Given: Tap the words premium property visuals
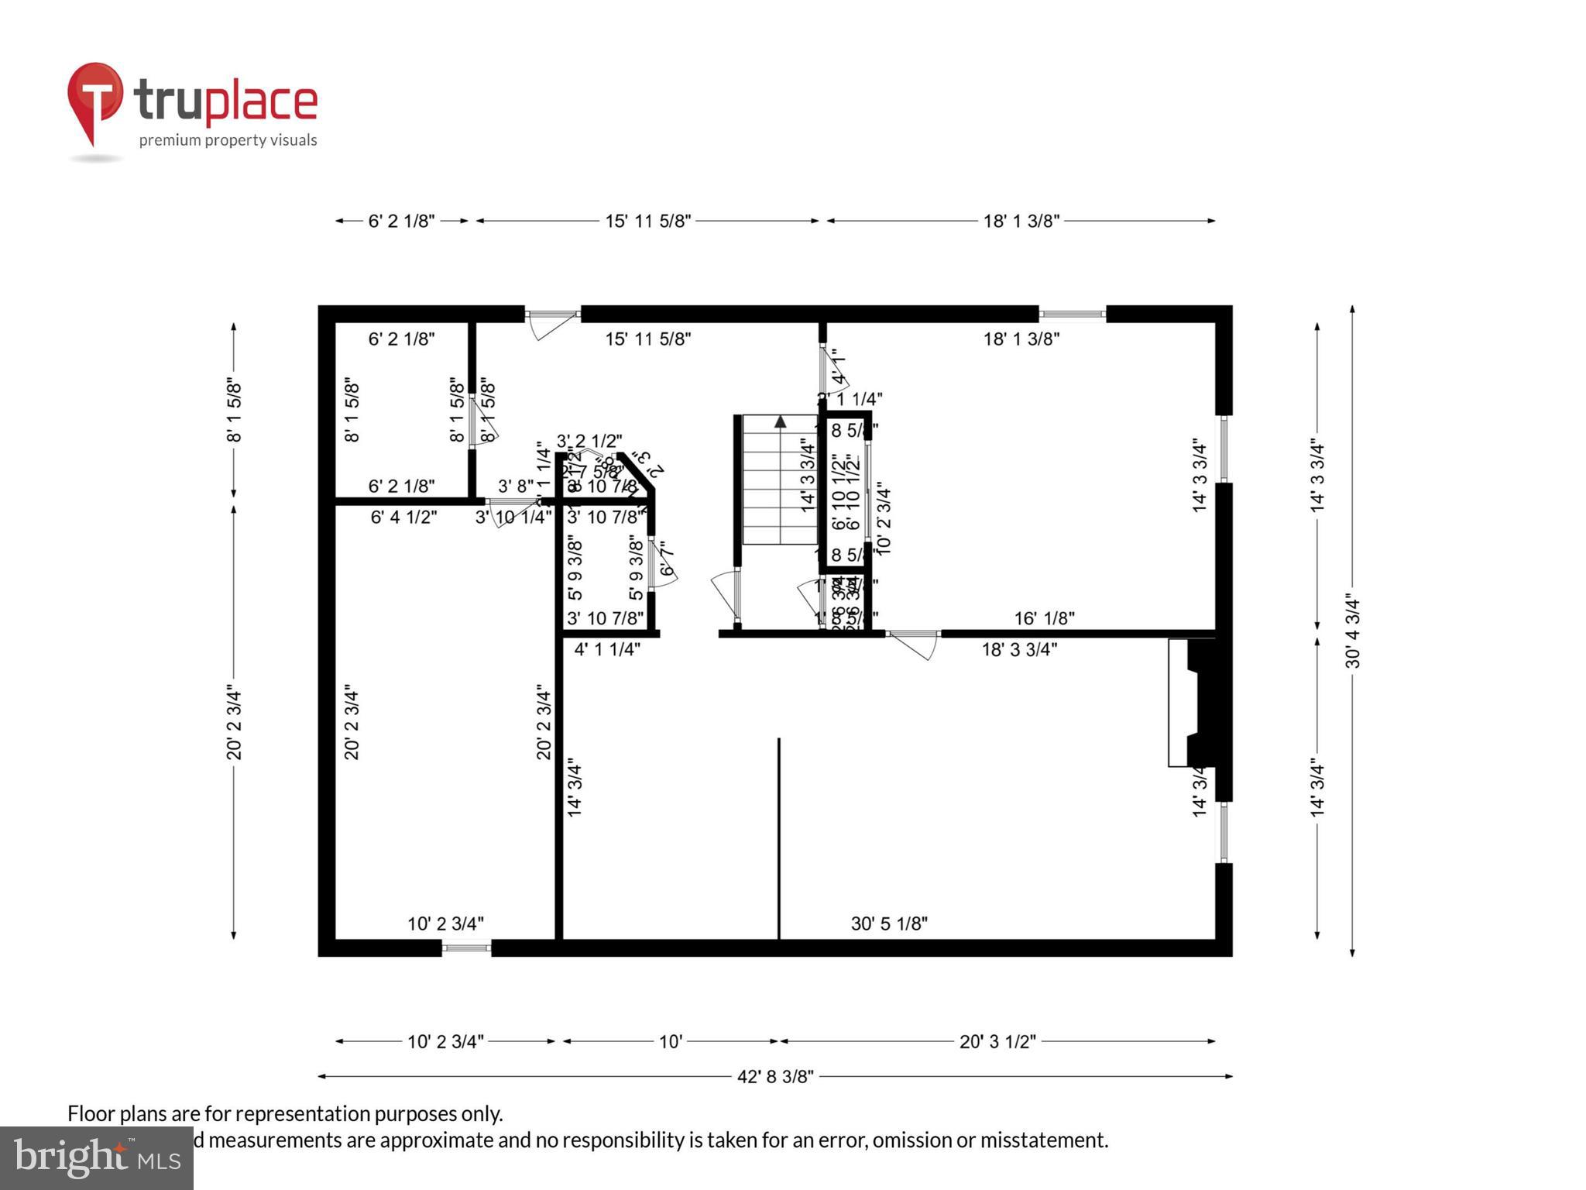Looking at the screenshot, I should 228,140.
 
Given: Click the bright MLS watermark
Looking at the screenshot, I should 97,1157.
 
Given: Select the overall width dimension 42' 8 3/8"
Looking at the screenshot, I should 775,1076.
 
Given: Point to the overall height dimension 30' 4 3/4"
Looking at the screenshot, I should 1352,631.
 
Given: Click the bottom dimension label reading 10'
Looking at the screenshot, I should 670,1041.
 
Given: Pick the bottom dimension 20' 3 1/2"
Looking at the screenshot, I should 997,1041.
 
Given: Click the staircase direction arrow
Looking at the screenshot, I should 781,422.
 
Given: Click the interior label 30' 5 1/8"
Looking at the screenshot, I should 889,923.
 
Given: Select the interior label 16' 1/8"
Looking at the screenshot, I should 1045,618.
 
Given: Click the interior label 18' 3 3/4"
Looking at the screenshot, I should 1019,650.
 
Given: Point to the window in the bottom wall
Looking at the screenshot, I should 466,947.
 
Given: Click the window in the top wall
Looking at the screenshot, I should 1072,314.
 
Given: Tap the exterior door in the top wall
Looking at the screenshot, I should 552,316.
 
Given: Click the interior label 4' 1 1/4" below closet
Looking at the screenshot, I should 607,650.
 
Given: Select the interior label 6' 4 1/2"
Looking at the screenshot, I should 403,517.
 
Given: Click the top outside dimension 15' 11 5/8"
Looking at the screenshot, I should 647,221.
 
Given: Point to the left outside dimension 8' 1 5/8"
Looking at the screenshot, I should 234,411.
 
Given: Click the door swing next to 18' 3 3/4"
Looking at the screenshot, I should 914,644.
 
